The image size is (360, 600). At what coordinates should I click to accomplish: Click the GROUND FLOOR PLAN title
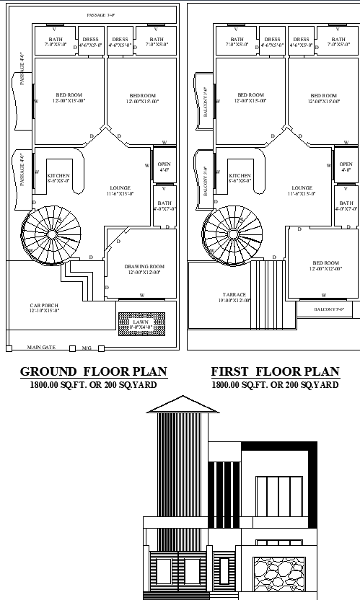pyautogui.click(x=93, y=372)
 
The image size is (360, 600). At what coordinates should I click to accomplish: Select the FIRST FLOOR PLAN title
pyautogui.click(x=275, y=372)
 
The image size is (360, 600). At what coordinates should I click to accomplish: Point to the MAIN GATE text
pyautogui.click(x=41, y=348)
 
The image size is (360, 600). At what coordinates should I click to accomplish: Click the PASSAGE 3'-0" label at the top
pyautogui.click(x=101, y=14)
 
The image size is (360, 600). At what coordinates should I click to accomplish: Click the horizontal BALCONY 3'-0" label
pyautogui.click(x=328, y=309)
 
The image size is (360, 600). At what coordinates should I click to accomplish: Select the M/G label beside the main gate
pyautogui.click(x=87, y=348)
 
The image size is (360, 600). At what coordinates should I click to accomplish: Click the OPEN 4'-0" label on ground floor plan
pyautogui.click(x=164, y=167)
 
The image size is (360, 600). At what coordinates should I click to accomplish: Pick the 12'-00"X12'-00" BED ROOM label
pyautogui.click(x=325, y=266)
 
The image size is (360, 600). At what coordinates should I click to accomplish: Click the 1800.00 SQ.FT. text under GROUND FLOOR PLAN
pyautogui.click(x=93, y=385)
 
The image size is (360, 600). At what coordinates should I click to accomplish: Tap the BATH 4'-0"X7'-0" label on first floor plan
pyautogui.click(x=346, y=206)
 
